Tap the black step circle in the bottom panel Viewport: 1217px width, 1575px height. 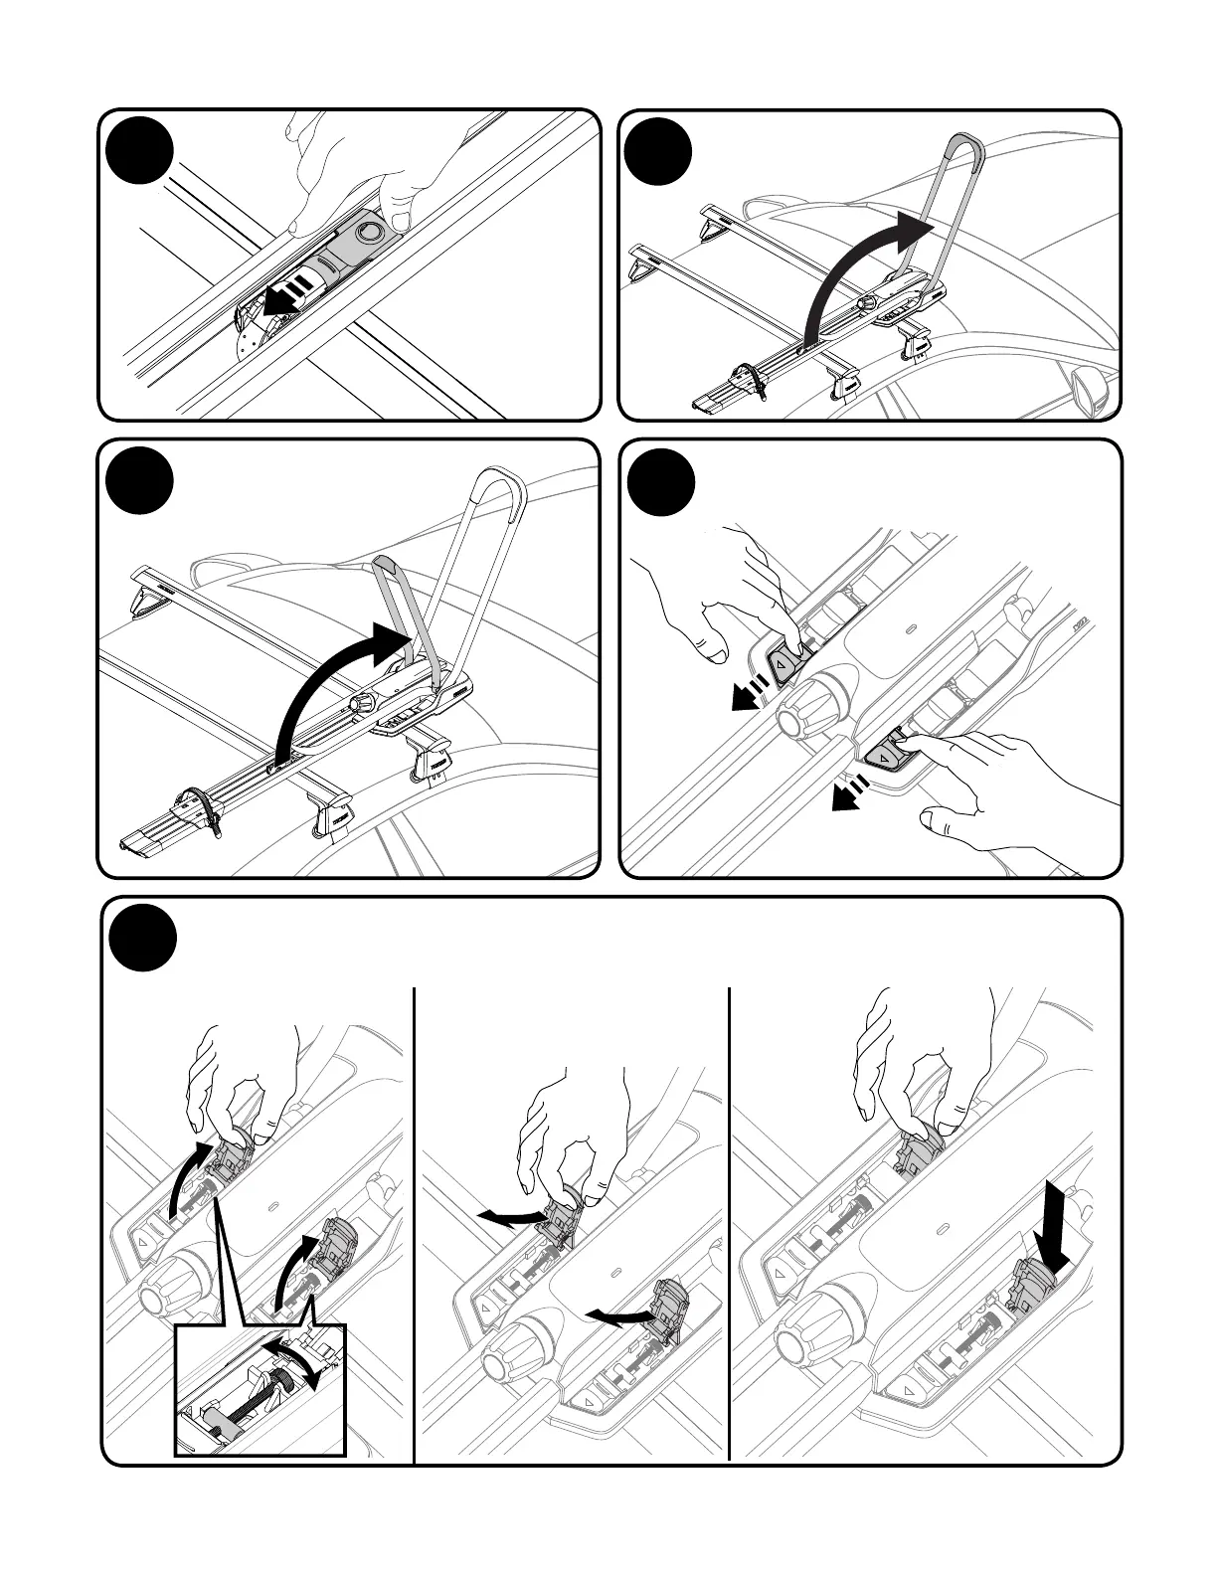[x=143, y=938]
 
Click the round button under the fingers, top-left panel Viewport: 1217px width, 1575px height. [x=370, y=233]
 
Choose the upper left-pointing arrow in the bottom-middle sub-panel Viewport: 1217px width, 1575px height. [x=507, y=1217]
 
